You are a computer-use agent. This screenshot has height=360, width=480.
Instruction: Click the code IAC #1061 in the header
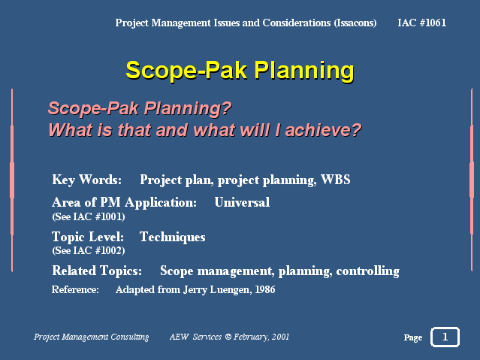pos(421,23)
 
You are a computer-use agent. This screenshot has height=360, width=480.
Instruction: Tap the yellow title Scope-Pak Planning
pos(240,71)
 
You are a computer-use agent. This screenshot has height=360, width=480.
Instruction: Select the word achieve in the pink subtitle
pos(323,130)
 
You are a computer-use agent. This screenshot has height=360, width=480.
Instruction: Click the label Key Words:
pos(87,180)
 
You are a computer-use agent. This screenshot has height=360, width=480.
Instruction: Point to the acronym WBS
pos(336,180)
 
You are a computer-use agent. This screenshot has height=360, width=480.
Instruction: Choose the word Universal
pos(242,202)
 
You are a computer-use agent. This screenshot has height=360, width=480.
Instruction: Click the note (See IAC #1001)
pos(89,216)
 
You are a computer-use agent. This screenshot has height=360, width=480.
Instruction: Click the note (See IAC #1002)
pos(89,250)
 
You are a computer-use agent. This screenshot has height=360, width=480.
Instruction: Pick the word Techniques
pos(172,237)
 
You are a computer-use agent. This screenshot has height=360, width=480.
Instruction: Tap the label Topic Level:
pos(88,237)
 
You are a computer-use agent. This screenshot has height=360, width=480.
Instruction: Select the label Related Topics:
pos(97,271)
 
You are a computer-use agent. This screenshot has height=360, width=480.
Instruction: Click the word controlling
pos(367,271)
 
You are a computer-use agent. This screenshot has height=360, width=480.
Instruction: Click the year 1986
pos(265,289)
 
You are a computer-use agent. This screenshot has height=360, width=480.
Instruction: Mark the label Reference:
pos(75,289)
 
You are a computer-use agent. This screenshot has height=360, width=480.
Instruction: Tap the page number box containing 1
pos(445,337)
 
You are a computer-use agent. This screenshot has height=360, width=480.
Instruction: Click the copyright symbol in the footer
pos(228,337)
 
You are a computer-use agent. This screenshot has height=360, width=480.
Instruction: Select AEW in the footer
pos(180,337)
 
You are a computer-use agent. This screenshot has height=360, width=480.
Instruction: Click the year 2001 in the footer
pos(280,337)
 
